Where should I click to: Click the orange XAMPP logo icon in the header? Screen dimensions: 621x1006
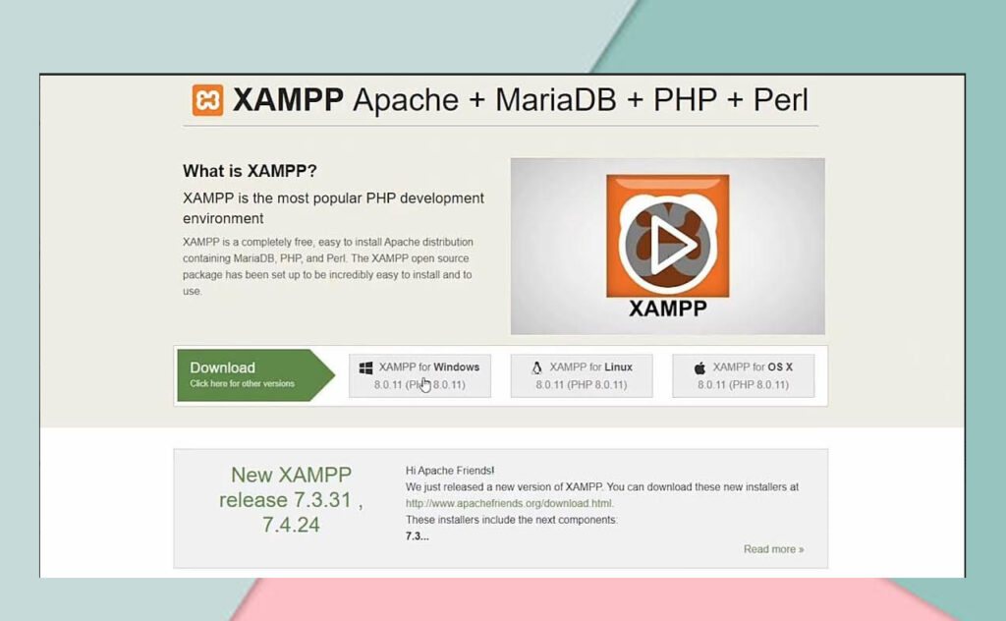click(x=207, y=100)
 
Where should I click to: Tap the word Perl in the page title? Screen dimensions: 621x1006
click(x=781, y=100)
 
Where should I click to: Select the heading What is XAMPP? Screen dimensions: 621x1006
click(x=250, y=171)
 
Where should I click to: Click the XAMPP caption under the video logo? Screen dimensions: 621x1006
click(x=667, y=309)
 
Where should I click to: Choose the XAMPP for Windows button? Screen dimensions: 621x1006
click(x=419, y=375)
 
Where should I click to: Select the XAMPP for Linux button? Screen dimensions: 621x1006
click(x=582, y=375)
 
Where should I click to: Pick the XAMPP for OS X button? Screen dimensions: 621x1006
click(x=743, y=375)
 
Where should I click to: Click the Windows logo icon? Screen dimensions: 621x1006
click(x=365, y=367)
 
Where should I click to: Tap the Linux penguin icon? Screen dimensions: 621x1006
click(x=536, y=367)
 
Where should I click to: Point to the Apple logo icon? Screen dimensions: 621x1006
click(x=699, y=367)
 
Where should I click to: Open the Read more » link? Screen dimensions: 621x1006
click(x=773, y=549)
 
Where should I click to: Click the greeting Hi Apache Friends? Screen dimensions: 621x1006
click(x=450, y=471)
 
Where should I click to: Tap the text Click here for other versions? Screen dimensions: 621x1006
click(x=242, y=384)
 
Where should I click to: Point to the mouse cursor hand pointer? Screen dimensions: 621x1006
click(x=425, y=383)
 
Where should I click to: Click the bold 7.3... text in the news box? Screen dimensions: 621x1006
click(x=417, y=536)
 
